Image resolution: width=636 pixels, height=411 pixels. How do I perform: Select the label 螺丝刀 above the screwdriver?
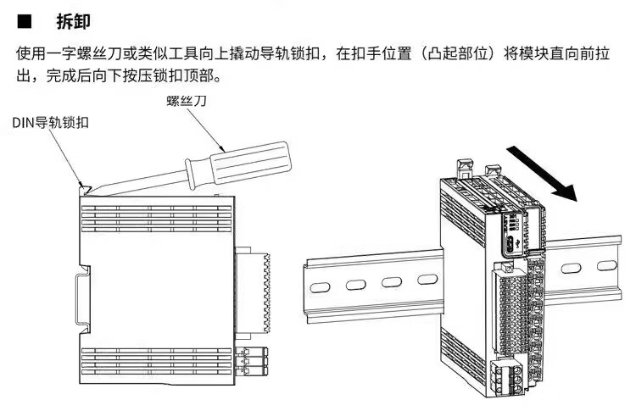tap(187, 101)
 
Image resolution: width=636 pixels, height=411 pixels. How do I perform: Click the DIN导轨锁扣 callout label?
tap(50, 123)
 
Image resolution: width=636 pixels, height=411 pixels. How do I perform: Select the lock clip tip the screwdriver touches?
tap(84, 185)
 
